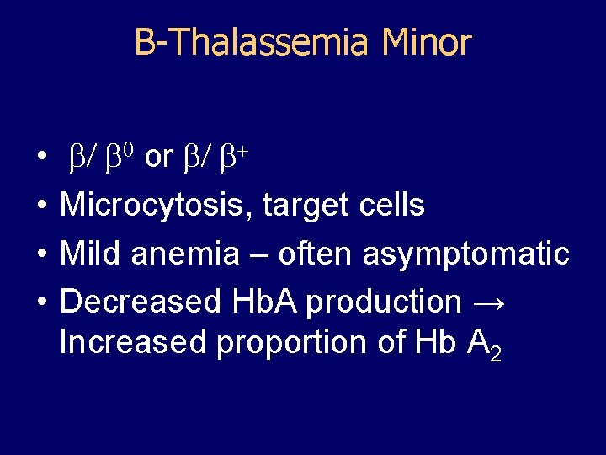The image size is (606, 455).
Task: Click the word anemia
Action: pyautogui.click(x=183, y=253)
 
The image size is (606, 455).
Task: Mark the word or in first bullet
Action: pyautogui.click(x=159, y=157)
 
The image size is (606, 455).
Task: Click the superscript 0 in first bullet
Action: pyautogui.click(x=128, y=150)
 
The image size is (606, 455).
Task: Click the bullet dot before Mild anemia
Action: pyautogui.click(x=40, y=254)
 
